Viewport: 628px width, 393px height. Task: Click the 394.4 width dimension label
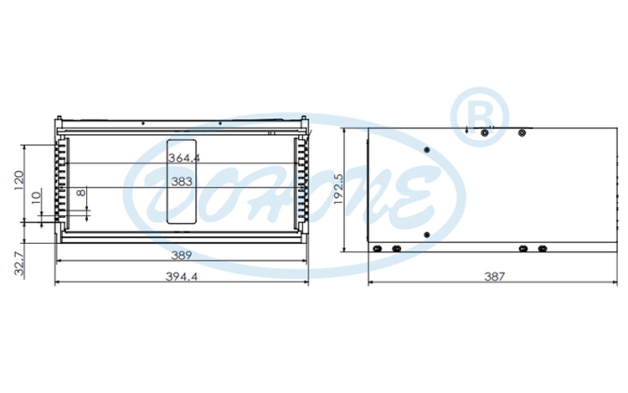tap(182, 277)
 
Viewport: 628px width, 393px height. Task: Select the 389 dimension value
tap(182, 255)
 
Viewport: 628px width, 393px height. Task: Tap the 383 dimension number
tap(182, 180)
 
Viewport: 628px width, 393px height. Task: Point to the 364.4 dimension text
tap(184, 158)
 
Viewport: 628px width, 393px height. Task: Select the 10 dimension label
tap(35, 199)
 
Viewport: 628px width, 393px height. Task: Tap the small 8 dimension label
tap(80, 194)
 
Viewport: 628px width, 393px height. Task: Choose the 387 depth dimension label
tap(494, 277)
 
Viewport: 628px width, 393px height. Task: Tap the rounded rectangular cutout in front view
tap(182, 182)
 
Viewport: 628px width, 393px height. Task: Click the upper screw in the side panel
tap(427, 149)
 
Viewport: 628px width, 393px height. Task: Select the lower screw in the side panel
tap(427, 234)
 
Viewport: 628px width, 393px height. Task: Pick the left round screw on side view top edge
tap(485, 132)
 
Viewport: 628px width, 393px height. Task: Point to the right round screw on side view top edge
tap(522, 132)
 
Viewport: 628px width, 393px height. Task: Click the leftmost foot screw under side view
tap(378, 249)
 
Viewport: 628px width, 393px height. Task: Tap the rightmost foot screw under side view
tap(543, 249)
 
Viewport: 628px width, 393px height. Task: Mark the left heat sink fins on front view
tap(60, 182)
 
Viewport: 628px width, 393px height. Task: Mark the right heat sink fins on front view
tap(301, 182)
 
